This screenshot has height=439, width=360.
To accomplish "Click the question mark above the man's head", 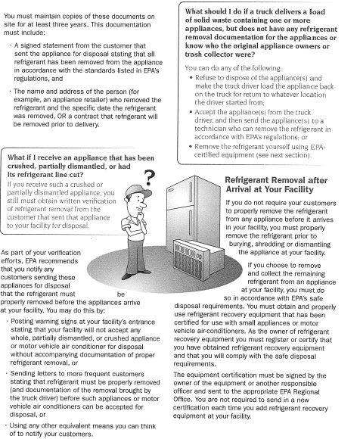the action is coord(150,177).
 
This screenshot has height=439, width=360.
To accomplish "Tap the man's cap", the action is coord(137,191).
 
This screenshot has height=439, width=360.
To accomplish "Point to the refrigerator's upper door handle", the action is coord(191,192).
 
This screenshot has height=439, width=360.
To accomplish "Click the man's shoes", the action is coord(136,274).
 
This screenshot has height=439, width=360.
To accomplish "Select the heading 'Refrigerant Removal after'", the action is coord(276,180).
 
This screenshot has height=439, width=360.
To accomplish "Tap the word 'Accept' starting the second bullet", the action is coord(205,112).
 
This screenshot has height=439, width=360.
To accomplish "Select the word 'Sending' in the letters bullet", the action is coord(22,374).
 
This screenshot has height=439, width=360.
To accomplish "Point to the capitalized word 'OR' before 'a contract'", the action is coord(61,117).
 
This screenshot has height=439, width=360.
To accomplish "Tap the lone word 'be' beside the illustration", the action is coord(121,294).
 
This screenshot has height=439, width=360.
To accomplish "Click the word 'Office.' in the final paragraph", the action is coord(182,400).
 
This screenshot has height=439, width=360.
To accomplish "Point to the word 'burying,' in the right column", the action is coord(241,244).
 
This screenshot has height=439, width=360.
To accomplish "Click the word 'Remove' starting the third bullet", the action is coord(206,147).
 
